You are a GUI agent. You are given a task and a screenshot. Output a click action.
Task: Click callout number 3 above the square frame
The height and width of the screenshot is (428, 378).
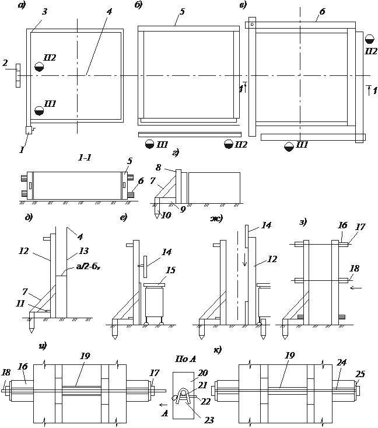click(x=44, y=12)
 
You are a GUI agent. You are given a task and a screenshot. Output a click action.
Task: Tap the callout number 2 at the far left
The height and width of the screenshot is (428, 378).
click(x=5, y=63)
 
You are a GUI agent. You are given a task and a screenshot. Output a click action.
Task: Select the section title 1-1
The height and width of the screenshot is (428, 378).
click(x=85, y=158)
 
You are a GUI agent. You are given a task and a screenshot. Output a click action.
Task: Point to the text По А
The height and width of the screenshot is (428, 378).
click(x=185, y=359)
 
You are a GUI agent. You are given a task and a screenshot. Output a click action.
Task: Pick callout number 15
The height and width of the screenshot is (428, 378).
click(x=170, y=270)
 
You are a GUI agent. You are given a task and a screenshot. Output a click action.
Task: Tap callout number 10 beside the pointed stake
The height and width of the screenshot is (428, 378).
click(x=166, y=215)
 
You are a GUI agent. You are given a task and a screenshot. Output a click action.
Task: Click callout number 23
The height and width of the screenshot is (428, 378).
click(x=209, y=420)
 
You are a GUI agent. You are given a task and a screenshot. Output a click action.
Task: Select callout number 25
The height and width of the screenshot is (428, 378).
click(x=360, y=374)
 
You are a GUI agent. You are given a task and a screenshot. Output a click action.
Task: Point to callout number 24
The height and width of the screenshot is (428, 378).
click(x=341, y=362)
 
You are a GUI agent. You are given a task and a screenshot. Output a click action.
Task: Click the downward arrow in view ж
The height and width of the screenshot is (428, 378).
click(x=244, y=260)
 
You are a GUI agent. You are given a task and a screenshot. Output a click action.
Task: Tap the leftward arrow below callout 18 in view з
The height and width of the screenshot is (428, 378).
click(x=356, y=288)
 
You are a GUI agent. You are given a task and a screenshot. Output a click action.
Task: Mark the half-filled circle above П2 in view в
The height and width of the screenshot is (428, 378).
click(x=369, y=39)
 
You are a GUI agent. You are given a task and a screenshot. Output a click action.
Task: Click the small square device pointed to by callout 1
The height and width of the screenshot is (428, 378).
click(x=29, y=130)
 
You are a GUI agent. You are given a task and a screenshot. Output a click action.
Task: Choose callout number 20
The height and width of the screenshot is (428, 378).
click(x=202, y=373)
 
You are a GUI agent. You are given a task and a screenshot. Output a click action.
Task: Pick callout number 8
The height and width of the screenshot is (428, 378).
click(x=159, y=168)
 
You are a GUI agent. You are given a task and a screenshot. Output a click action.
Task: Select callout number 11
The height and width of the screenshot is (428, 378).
click(x=20, y=303)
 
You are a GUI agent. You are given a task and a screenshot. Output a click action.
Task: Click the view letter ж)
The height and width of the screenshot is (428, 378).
click(x=216, y=218)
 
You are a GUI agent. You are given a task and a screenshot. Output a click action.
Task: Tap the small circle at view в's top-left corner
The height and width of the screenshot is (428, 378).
click(x=253, y=25)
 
